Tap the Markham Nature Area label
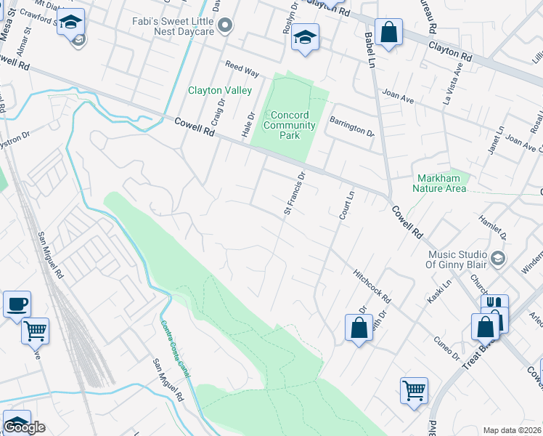pos(439,183)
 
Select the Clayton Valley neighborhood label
pos(220,91)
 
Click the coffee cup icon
pos(17,304)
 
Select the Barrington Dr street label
pos(352,128)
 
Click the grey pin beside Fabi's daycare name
pos(226,27)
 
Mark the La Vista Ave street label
pos(458,78)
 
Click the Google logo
pos(24,427)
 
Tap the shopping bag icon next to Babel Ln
pos(389,33)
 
